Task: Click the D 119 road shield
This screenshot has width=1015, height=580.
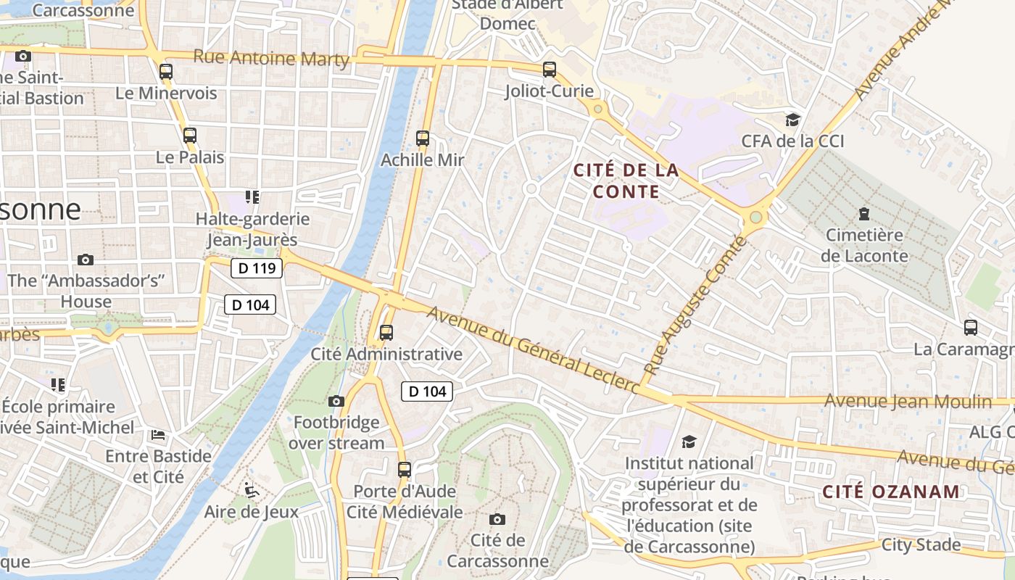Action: tap(257, 268)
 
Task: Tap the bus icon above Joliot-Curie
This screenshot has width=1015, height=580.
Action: tap(550, 70)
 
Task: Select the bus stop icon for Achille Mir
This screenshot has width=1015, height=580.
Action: tap(423, 138)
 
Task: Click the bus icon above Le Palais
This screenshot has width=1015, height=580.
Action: tap(190, 136)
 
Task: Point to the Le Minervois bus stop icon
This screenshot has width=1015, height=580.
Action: tap(166, 71)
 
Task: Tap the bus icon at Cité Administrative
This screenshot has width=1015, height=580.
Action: tap(386, 333)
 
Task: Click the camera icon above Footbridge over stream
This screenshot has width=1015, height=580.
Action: tap(336, 401)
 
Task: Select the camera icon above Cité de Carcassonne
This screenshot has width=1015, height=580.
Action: tap(497, 519)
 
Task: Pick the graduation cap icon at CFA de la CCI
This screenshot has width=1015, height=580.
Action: tap(792, 120)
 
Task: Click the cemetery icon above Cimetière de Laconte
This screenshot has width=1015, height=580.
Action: tap(864, 214)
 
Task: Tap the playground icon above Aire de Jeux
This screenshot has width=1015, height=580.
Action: tap(251, 491)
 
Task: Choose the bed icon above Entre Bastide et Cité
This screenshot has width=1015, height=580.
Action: tap(158, 435)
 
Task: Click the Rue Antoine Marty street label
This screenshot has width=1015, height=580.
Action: tap(272, 58)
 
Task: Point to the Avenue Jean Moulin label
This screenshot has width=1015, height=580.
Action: tap(908, 401)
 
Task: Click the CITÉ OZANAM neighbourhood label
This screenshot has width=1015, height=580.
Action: tap(891, 492)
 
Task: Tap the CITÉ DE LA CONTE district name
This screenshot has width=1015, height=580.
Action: tap(626, 181)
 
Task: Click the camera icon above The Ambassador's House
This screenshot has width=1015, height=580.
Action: tap(86, 260)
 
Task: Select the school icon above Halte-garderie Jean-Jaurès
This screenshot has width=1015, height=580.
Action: tap(252, 196)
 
